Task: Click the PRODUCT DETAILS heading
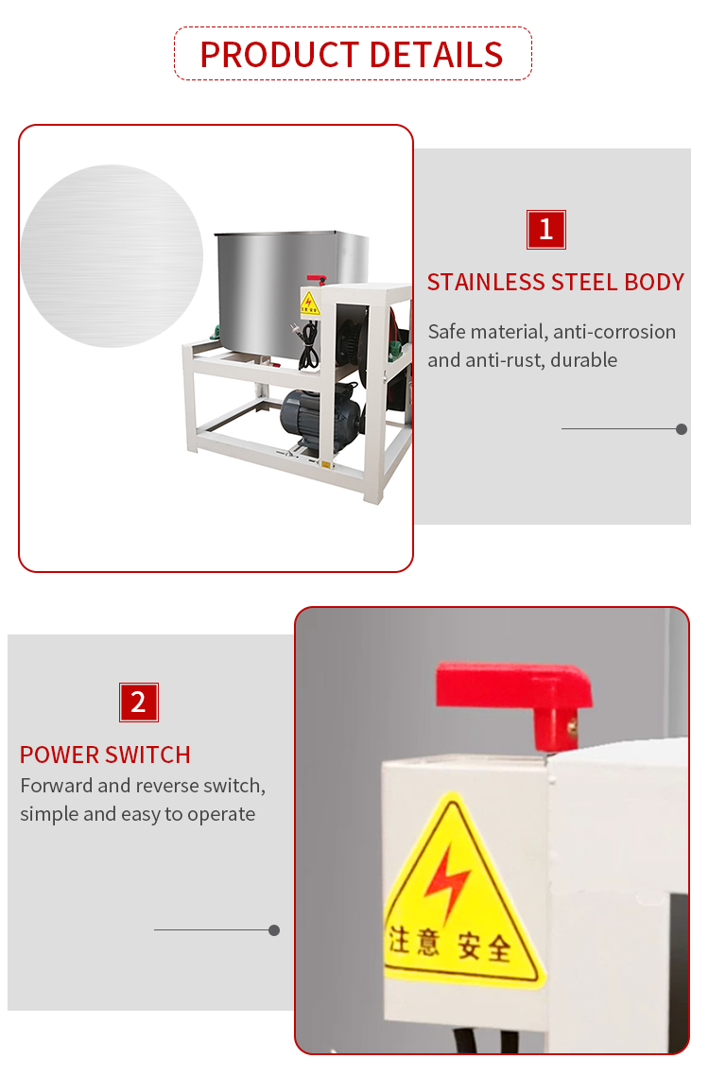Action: tap(352, 55)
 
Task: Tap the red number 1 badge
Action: tap(545, 229)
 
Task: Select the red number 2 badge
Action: tap(139, 702)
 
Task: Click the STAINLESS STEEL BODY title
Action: tap(555, 282)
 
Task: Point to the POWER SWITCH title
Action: tap(105, 755)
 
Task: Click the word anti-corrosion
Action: tap(614, 332)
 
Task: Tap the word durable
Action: tap(583, 360)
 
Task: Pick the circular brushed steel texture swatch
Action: tap(112, 256)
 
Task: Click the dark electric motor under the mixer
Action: tap(320, 419)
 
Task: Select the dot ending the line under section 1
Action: tap(682, 429)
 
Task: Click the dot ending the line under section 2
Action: tap(274, 930)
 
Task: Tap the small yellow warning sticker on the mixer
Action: tap(309, 302)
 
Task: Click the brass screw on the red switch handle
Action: tap(571, 724)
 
